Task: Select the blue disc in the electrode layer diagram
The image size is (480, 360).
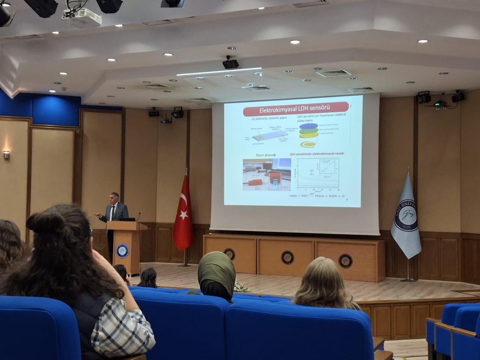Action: click(308, 127)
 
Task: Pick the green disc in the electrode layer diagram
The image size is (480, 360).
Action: click(309, 132)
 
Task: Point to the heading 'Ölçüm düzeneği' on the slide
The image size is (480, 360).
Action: click(265, 155)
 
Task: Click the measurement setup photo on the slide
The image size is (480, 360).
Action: click(267, 175)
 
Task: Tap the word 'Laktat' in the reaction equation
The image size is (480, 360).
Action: click(295, 195)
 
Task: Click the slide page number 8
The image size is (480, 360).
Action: click(347, 200)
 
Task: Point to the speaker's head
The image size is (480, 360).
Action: click(115, 198)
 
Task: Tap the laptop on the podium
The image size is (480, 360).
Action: click(127, 219)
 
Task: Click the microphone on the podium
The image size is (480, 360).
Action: click(139, 214)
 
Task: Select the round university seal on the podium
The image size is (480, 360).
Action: click(122, 251)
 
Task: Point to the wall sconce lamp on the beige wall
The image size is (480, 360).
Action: click(6, 155)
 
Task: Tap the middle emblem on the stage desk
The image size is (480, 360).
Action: click(288, 257)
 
